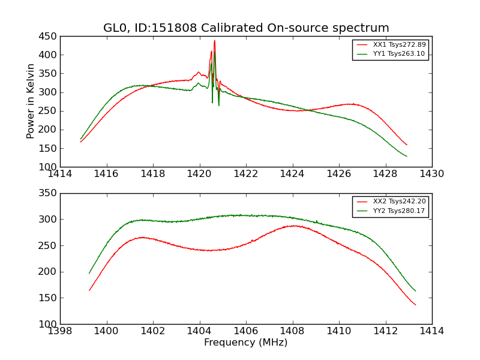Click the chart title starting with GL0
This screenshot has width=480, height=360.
point(246,28)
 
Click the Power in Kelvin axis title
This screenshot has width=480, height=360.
point(31,101)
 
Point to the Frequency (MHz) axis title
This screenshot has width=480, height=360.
point(246,343)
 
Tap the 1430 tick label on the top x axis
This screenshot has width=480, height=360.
point(431,174)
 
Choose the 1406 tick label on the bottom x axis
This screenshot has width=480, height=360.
point(246,331)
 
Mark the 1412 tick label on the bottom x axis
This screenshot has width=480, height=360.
point(385,331)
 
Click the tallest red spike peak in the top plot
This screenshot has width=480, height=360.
point(214,41)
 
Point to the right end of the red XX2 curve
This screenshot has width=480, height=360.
point(415,305)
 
